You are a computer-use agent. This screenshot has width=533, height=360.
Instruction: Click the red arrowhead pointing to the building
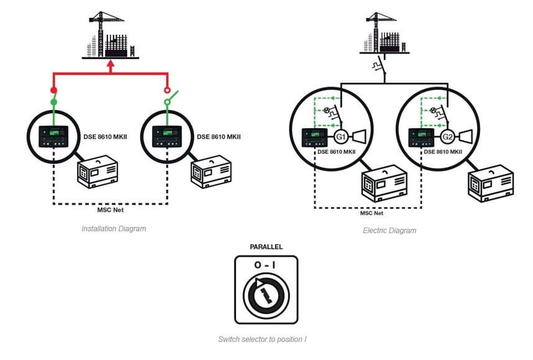tap(111, 63)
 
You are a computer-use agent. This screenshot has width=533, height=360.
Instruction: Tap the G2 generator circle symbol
tap(446, 137)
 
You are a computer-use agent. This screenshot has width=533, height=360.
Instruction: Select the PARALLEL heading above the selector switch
tap(266, 247)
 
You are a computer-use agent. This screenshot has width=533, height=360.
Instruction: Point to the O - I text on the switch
tap(266, 265)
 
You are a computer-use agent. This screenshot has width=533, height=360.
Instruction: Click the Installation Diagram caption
tap(114, 229)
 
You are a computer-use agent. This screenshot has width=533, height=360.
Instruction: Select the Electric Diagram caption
tap(389, 231)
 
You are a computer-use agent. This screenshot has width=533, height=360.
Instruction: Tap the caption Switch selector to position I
tap(262, 339)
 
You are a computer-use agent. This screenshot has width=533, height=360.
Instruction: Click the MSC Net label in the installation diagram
tap(111, 210)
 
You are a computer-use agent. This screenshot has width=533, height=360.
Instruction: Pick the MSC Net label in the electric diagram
tap(371, 213)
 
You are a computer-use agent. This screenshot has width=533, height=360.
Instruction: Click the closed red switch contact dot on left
tap(53, 90)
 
